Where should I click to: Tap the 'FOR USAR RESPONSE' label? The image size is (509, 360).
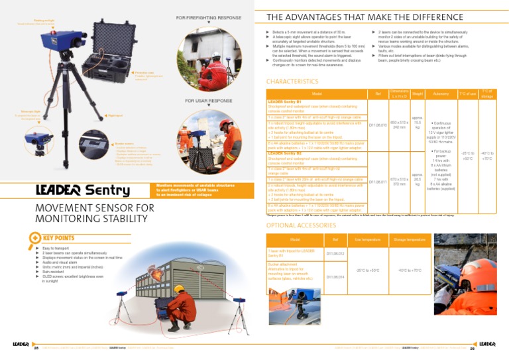tap(209, 100)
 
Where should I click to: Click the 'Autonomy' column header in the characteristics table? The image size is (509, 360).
tap(437, 94)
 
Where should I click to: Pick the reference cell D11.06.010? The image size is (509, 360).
tap(378, 124)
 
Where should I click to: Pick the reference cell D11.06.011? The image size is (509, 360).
tap(378, 181)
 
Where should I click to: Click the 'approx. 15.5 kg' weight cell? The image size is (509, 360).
tap(418, 124)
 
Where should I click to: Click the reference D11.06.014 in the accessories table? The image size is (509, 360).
tap(335, 276)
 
